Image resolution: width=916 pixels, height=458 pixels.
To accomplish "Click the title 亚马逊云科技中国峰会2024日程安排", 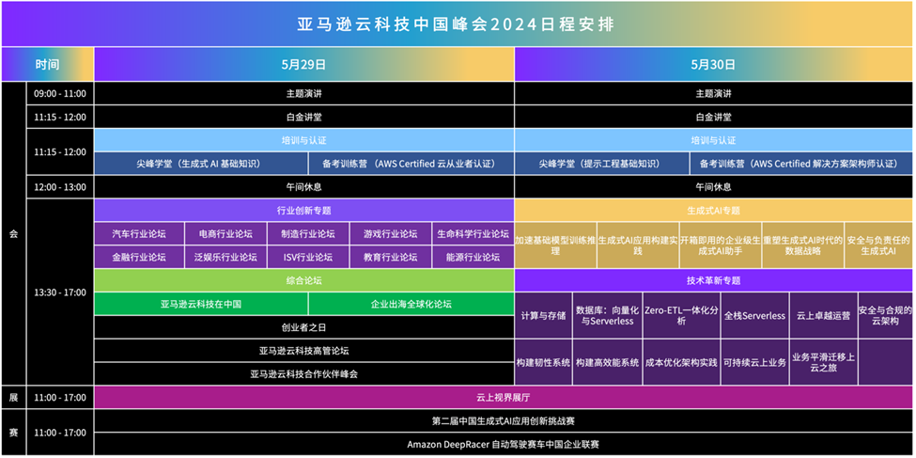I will tap(457, 24).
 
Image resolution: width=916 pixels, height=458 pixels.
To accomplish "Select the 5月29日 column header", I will tap(303, 65).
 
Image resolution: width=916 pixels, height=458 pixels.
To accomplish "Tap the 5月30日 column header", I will tap(713, 65).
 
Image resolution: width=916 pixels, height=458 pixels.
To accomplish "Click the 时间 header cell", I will tap(47, 65).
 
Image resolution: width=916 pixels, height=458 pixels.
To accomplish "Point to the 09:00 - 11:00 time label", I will tap(60, 94).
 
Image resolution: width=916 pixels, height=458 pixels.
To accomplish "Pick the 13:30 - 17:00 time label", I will tap(60, 292).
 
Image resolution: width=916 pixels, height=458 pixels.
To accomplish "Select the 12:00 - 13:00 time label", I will tap(60, 186).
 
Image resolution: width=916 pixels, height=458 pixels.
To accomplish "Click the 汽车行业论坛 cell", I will tap(138, 234).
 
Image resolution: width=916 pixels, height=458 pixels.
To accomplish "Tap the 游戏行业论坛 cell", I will tap(389, 234).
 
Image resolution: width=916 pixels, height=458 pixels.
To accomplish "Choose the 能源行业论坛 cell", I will tap(473, 257).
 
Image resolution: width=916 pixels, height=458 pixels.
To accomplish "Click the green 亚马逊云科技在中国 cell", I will tap(200, 304).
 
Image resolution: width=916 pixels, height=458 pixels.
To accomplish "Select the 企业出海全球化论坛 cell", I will tap(411, 304).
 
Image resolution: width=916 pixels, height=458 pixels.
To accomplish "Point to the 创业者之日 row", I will tap(303, 327).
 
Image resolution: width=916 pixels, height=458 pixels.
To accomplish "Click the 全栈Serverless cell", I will tap(753, 316).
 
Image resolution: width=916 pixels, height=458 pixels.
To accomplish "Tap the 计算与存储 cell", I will tap(543, 316).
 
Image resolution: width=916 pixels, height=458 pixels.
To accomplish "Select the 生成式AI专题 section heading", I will tap(713, 211).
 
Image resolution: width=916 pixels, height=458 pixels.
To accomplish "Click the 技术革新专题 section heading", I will tap(713, 280).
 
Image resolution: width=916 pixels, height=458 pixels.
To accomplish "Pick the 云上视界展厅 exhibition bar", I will tap(504, 398).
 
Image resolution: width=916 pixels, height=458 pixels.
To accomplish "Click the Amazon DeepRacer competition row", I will tap(504, 444).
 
